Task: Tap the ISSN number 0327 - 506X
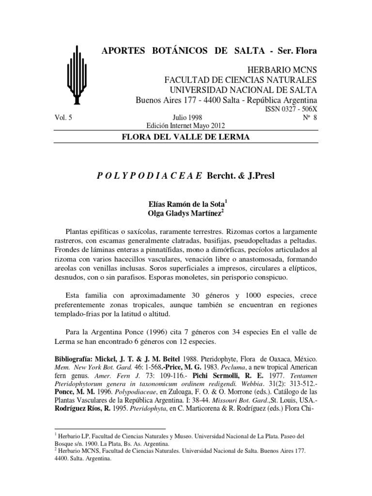point(290,109)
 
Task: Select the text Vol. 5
point(60,118)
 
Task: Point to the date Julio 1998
point(187,118)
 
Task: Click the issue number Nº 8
point(309,118)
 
